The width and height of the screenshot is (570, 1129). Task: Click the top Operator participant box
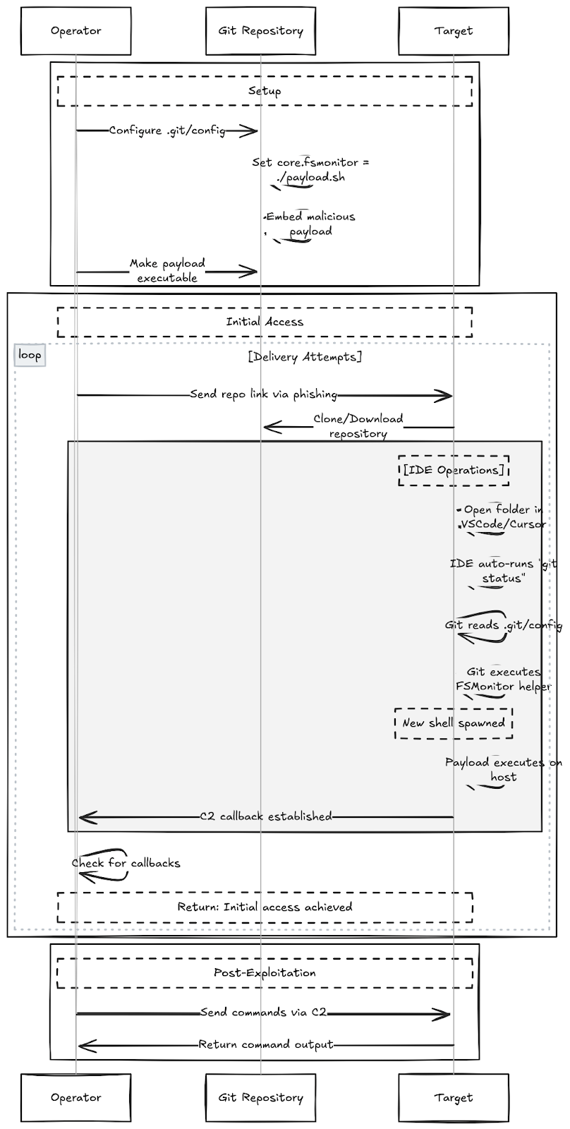[x=75, y=31]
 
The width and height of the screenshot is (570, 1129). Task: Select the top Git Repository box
[x=260, y=31]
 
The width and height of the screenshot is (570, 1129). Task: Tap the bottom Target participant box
[x=454, y=1097]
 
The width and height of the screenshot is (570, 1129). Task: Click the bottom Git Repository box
[x=260, y=1097]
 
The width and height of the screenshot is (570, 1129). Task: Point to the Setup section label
[x=265, y=91]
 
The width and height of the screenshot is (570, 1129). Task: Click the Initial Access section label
[x=265, y=322]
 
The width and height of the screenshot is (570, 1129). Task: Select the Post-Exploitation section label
[x=265, y=972]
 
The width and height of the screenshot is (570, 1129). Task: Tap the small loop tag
[x=30, y=355]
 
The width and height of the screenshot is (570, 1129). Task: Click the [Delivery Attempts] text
[x=305, y=357]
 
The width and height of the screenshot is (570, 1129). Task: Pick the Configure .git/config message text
[x=167, y=131]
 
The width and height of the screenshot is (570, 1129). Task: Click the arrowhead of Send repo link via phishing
[x=444, y=395]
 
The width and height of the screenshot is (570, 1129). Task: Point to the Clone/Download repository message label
[x=358, y=426]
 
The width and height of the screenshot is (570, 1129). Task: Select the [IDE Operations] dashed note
[x=454, y=471]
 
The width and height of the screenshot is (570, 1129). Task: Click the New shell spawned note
[x=454, y=723]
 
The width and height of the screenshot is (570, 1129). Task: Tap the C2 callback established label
[x=265, y=816]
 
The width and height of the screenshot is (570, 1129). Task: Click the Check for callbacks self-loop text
[x=126, y=863]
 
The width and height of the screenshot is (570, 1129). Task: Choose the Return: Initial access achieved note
[x=265, y=907]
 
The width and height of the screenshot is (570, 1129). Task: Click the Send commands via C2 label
[x=264, y=1013]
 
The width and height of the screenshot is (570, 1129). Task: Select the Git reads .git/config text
[x=503, y=625]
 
